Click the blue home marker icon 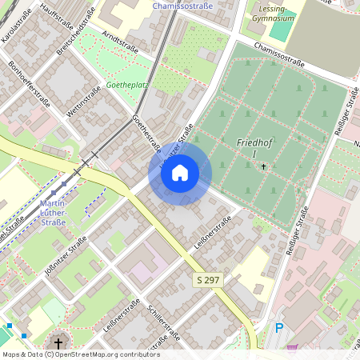[180, 173]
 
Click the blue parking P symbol [279, 327]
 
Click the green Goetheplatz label [126, 83]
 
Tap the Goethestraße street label [146, 133]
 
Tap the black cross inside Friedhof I [264, 166]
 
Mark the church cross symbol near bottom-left [58, 343]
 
